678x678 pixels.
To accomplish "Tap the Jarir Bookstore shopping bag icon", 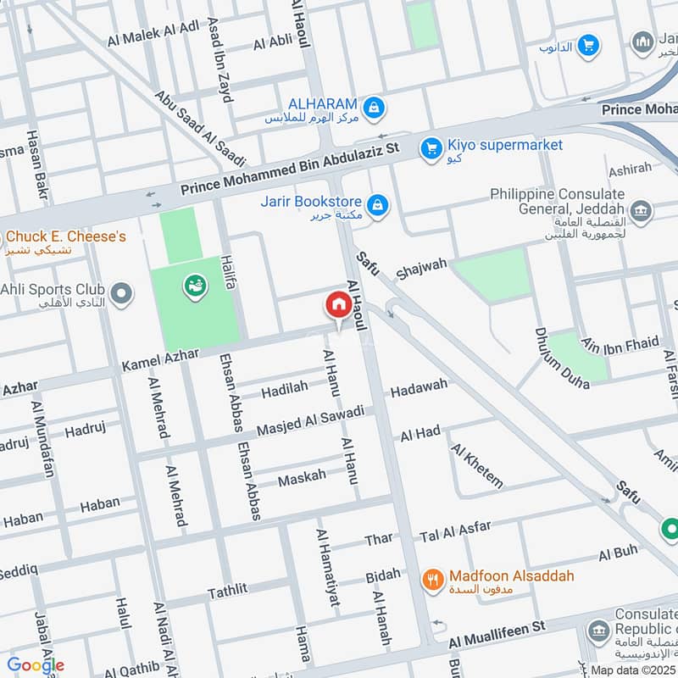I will point(378,203).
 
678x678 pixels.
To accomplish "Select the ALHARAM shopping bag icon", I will point(373,108).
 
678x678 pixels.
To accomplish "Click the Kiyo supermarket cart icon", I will point(432,148).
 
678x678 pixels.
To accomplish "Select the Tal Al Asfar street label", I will point(455,531).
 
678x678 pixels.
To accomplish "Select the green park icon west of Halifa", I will point(194,287).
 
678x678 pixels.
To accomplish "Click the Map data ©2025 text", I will point(633,670).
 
